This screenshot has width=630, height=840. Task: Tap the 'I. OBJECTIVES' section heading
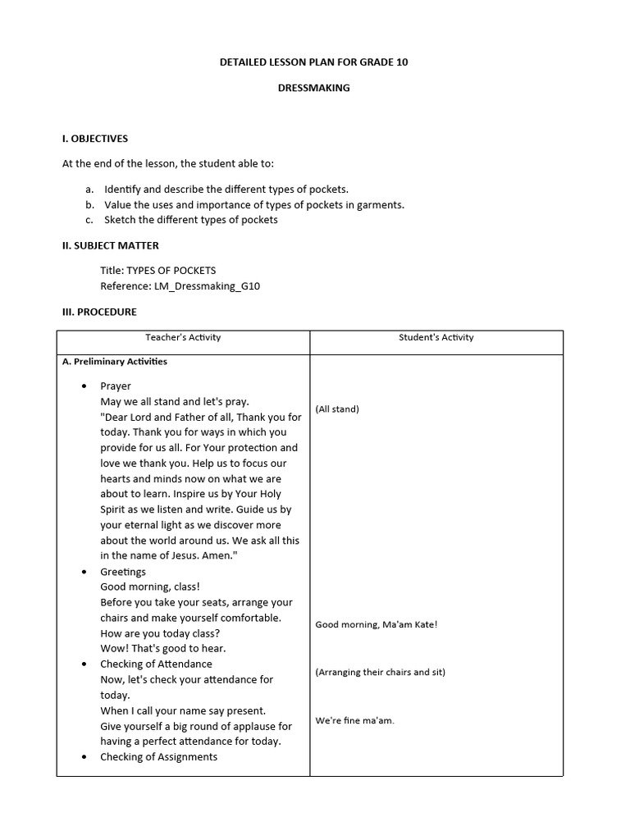[x=95, y=139]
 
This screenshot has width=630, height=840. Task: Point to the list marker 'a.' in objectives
[x=89, y=189]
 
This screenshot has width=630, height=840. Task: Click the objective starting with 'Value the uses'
[x=254, y=204]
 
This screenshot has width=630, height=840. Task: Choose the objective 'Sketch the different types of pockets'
[x=190, y=220]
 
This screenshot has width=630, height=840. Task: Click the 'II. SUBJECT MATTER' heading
[x=111, y=245]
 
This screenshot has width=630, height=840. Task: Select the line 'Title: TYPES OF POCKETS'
[x=158, y=270]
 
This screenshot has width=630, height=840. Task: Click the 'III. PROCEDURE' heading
[x=99, y=312]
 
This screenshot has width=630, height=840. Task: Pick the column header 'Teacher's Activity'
[x=183, y=337]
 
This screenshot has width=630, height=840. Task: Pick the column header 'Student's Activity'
[x=436, y=337]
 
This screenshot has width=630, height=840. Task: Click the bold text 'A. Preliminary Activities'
[x=114, y=361]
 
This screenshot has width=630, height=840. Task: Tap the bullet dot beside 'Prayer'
[x=84, y=386]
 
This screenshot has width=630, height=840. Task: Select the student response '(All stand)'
[x=337, y=409]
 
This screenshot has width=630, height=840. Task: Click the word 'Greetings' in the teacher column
[x=123, y=572]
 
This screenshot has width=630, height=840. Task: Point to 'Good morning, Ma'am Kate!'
[x=377, y=624]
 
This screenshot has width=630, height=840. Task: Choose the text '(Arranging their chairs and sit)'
[x=381, y=672]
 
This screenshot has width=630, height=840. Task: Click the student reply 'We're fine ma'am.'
[x=355, y=720]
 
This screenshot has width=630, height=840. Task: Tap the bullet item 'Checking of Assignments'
[x=158, y=756]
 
